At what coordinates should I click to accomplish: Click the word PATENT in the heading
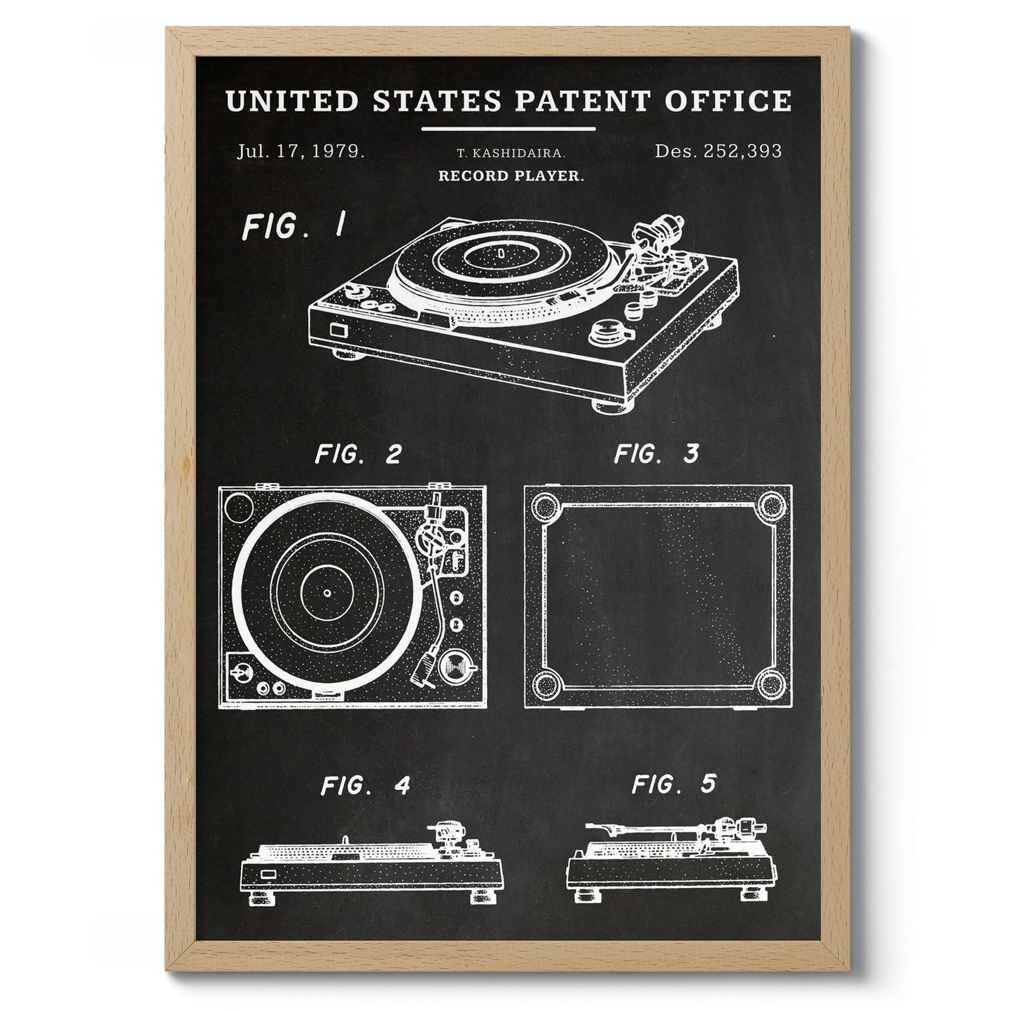pyautogui.click(x=583, y=101)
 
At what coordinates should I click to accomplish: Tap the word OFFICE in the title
pyautogui.click(x=728, y=101)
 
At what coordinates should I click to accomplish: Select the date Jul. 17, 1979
pyautogui.click(x=301, y=152)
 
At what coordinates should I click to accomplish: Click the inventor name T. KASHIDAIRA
pyautogui.click(x=511, y=153)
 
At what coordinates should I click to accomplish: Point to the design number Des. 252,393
pyautogui.click(x=718, y=151)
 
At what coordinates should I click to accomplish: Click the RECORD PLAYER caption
pyautogui.click(x=511, y=175)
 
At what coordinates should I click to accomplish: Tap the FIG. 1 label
pyautogui.click(x=293, y=226)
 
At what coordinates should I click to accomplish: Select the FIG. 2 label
pyautogui.click(x=358, y=455)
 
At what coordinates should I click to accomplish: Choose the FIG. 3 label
pyautogui.click(x=656, y=453)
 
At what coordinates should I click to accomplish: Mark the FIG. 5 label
pyautogui.click(x=674, y=784)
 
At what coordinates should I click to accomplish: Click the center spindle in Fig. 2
pyautogui.click(x=327, y=593)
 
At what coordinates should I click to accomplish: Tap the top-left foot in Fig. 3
pyautogui.click(x=546, y=506)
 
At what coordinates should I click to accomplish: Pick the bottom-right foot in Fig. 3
pyautogui.click(x=772, y=684)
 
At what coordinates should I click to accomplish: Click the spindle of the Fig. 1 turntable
pyautogui.click(x=501, y=254)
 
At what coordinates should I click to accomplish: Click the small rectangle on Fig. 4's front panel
pyautogui.click(x=270, y=875)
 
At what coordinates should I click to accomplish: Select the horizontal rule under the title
pyautogui.click(x=508, y=129)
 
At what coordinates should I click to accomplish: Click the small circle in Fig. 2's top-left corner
pyautogui.click(x=239, y=507)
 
